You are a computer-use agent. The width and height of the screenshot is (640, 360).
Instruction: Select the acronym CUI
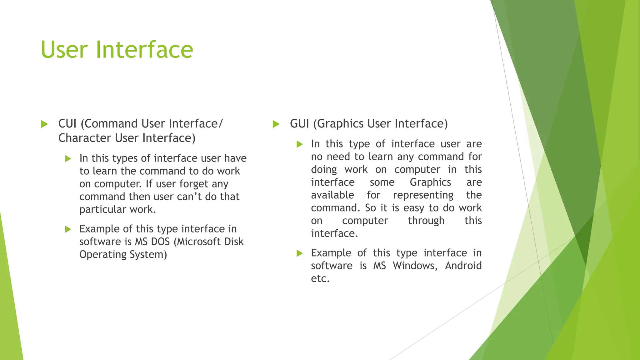(67, 124)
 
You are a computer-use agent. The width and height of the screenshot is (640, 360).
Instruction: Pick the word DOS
(160, 242)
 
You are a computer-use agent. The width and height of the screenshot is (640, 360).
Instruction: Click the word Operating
(103, 255)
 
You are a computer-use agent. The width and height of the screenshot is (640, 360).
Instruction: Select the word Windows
(415, 266)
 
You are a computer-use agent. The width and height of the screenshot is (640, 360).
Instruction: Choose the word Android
(463, 266)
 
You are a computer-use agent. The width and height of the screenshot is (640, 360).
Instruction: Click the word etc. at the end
(320, 278)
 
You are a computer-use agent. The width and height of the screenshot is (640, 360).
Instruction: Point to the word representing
(423, 195)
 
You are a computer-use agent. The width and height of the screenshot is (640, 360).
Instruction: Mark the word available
(332, 195)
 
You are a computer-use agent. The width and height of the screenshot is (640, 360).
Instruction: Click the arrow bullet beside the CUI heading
(44, 124)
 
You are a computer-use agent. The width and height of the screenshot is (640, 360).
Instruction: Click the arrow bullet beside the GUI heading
(276, 124)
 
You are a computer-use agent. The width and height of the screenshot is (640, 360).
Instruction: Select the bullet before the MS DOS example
(68, 229)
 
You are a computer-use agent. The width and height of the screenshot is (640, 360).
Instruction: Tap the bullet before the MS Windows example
(300, 253)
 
